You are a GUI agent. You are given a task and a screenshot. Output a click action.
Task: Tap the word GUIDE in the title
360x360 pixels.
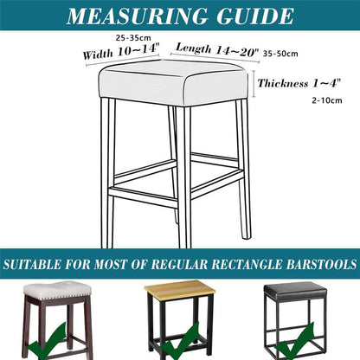coord(255,16)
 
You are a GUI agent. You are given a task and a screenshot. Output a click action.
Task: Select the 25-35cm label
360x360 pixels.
coord(133,38)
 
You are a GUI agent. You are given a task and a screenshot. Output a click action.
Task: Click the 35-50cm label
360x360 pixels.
coord(280,54)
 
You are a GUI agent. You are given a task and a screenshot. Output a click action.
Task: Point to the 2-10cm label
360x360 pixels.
coord(327,100)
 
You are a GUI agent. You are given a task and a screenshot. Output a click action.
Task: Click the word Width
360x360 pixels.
coord(98,54)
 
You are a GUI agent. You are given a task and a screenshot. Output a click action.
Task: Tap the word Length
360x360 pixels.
coord(194,48)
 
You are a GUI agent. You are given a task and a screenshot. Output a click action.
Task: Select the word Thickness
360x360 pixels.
coord(283,84)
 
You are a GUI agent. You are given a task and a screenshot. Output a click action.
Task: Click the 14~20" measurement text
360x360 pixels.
coord(237,52)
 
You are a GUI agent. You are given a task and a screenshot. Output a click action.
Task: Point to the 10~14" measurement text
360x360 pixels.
coord(138,49)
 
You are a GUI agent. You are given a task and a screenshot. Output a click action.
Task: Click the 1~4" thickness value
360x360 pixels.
coord(327,83)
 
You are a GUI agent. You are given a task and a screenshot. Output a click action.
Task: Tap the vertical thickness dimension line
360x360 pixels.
coord(254,83)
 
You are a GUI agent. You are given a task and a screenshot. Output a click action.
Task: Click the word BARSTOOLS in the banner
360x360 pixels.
coord(321,265)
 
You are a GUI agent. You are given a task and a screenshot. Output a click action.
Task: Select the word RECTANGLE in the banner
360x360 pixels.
coord(247,265)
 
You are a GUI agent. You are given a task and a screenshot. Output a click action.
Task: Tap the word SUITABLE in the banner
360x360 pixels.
coord(32,265)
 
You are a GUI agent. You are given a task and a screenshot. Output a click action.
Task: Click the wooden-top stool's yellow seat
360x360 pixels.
coord(180,290)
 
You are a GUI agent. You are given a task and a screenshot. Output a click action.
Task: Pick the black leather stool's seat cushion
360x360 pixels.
coord(295,292)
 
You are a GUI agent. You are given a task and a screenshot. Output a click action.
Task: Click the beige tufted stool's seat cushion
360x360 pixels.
coord(57,290)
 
